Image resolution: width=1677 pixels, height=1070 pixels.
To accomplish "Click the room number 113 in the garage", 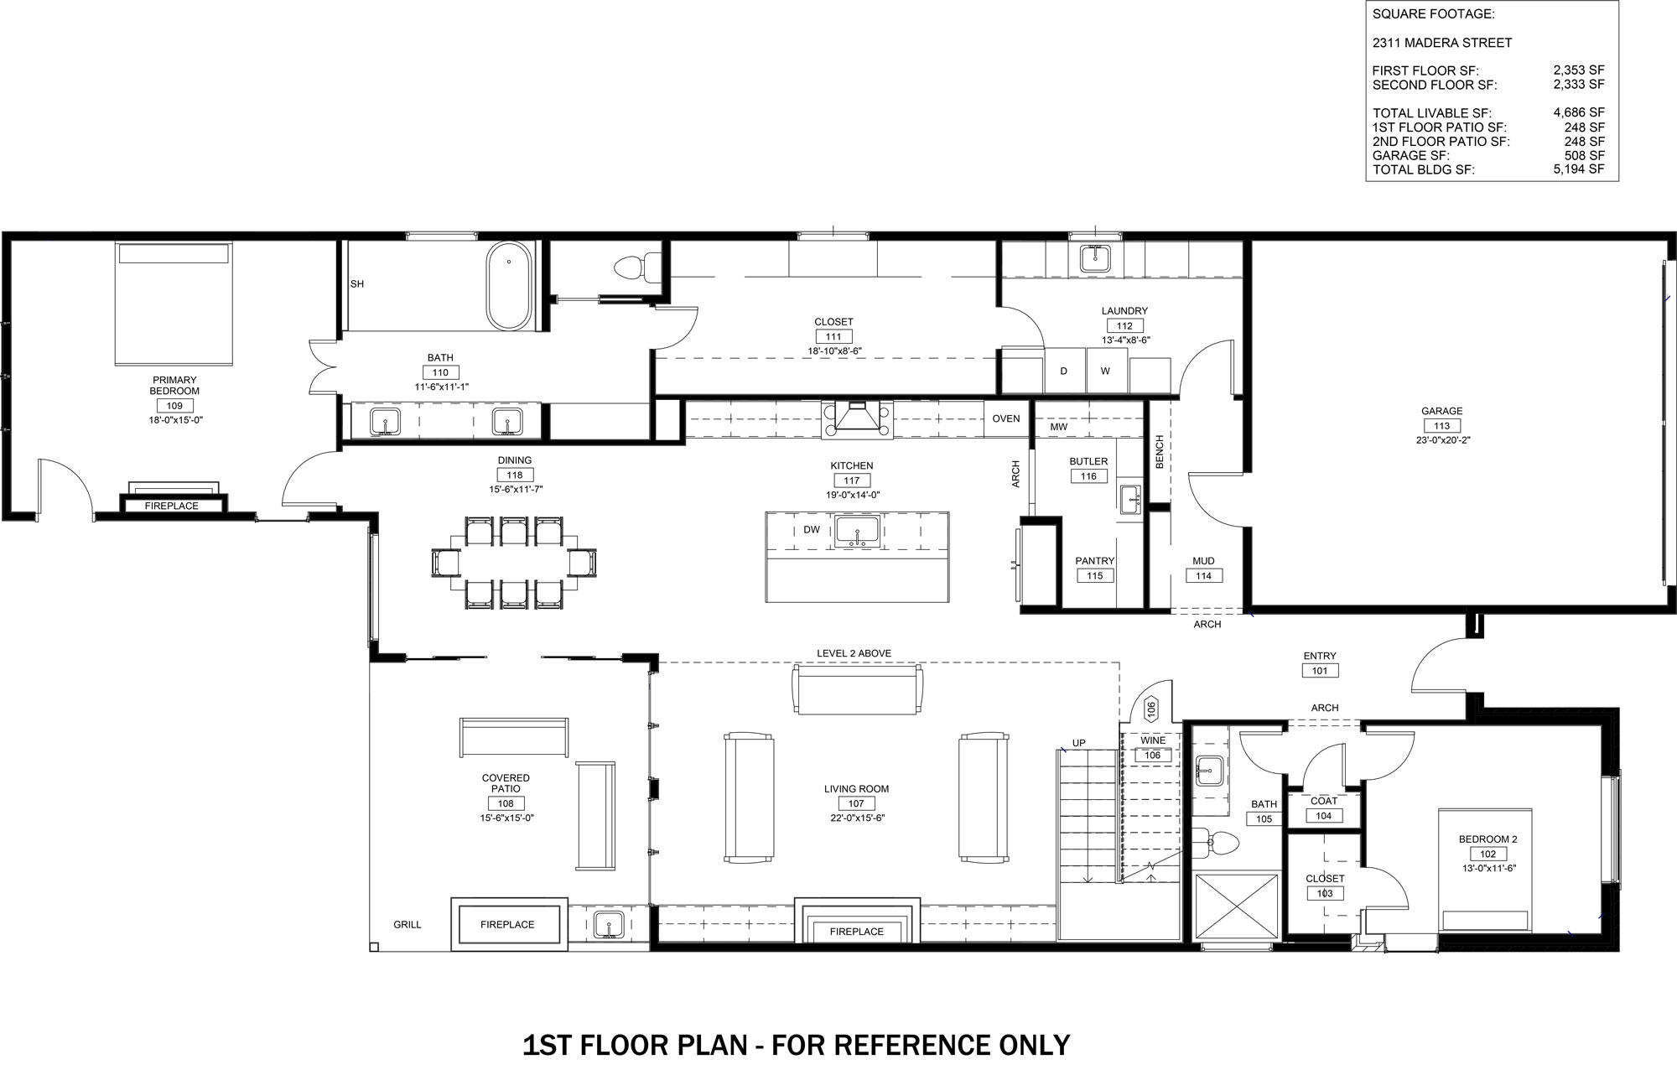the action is (1441, 426).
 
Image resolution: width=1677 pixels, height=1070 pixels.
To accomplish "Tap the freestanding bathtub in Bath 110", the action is (509, 286).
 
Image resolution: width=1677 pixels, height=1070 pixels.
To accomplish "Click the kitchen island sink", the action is (856, 532).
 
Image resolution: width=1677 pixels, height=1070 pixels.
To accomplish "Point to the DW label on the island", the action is (812, 530).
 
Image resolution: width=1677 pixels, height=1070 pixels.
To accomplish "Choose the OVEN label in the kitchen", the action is (1006, 418).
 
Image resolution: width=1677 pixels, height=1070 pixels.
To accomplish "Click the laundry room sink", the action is (1095, 257).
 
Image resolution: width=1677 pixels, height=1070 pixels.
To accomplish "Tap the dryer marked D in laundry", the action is (1065, 371).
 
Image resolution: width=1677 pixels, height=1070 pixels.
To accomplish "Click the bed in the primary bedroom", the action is (173, 304).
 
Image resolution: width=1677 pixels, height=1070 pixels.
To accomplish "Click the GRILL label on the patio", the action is (408, 925).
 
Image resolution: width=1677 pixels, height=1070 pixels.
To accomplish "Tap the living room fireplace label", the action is (856, 932).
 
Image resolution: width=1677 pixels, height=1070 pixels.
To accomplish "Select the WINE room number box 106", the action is (1152, 756).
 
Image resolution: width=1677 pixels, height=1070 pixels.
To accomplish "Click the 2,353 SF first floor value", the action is (1579, 70).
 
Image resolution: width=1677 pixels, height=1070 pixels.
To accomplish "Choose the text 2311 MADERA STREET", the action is (1442, 43).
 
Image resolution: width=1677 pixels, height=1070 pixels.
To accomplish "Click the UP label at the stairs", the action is (1078, 743).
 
